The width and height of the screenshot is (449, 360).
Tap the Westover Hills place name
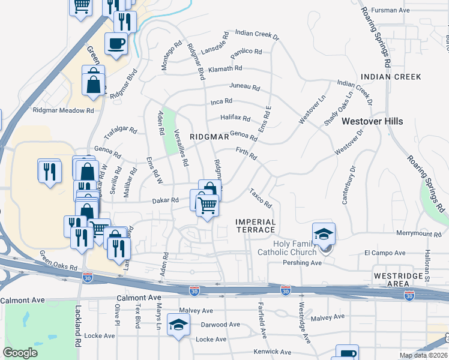372,121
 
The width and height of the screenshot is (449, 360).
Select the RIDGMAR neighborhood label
209,137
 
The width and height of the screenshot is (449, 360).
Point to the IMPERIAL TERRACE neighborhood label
256,226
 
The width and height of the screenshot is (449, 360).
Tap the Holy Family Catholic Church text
295,248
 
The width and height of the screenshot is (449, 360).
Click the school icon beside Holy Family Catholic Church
324,234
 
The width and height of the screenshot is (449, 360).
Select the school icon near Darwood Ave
178,324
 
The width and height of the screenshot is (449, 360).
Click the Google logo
20,353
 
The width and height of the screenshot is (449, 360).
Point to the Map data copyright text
423,355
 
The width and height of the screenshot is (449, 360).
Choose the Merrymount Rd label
418,234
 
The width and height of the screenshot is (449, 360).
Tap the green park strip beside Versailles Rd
169,122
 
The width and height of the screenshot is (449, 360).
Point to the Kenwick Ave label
268,351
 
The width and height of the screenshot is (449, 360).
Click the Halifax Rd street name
235,118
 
